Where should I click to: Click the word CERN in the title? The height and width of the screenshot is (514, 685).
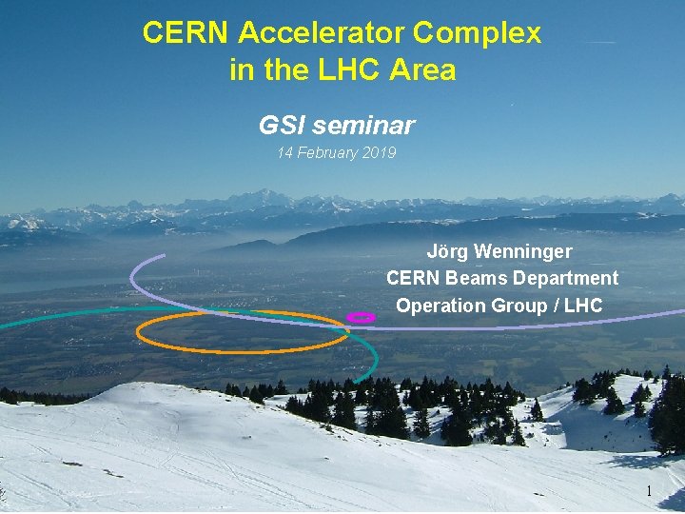186,33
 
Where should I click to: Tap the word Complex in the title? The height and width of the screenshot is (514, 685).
477,33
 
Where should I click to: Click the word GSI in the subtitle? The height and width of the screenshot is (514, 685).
282,125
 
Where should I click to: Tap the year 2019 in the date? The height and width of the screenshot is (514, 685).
378,153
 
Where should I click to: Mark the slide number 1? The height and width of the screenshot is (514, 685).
649,491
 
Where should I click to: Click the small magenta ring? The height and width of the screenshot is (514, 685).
361,317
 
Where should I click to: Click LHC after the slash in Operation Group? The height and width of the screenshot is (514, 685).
583,306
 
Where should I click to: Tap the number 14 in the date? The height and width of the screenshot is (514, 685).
284,153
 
